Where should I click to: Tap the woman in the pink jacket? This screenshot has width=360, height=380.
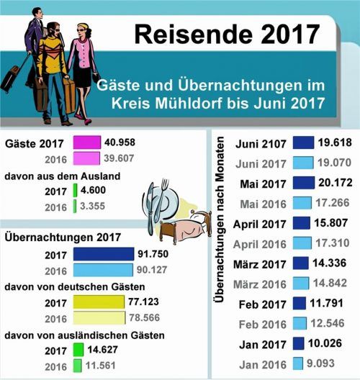[x=84, y=54]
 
